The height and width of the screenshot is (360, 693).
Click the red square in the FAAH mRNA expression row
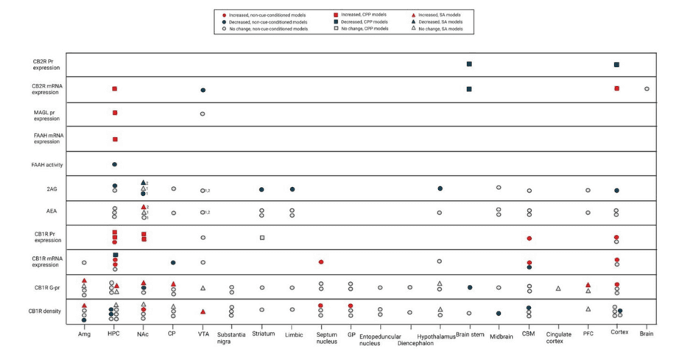[115, 139]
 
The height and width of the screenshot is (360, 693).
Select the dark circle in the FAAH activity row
[115, 164]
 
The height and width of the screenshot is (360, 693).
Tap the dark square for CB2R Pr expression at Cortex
[616, 65]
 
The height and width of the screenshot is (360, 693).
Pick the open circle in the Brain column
[647, 89]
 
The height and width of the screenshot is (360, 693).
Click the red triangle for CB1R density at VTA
[203, 311]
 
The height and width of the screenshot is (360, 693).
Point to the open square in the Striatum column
[262, 237]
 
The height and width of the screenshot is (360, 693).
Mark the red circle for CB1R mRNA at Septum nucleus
[321, 262]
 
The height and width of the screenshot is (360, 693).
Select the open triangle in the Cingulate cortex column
[557, 288]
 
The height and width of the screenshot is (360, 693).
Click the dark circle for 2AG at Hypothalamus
[440, 188]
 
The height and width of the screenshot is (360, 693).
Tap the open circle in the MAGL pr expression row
[203, 114]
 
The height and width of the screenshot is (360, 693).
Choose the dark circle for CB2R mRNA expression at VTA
[203, 90]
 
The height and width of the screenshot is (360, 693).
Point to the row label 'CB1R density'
[46, 311]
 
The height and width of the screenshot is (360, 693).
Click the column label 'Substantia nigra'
[232, 338]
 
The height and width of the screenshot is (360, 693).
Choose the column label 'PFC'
[588, 333]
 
